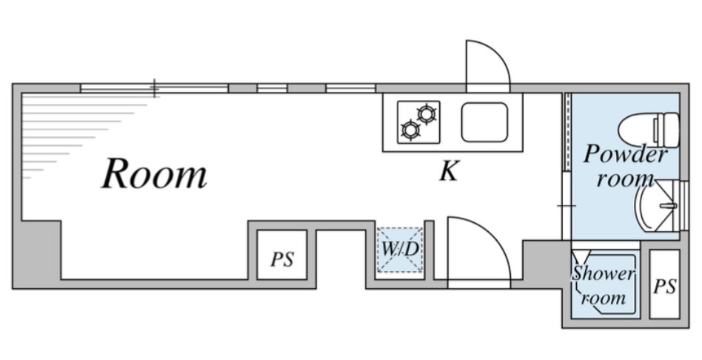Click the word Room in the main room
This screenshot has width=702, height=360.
[154, 174]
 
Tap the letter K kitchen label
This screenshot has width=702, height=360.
[448, 173]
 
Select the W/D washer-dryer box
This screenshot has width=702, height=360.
[400, 249]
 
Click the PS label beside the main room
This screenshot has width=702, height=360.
[281, 260]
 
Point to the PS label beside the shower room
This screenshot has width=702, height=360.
[664, 287]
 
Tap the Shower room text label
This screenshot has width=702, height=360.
[604, 286]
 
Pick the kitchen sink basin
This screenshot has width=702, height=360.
[486, 122]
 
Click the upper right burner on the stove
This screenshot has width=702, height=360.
[427, 113]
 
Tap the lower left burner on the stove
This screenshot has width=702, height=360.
[409, 131]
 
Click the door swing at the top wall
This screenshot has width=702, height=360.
[487, 64]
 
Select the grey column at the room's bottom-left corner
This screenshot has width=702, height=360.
[37, 253]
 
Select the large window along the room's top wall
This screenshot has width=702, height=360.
[154, 88]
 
